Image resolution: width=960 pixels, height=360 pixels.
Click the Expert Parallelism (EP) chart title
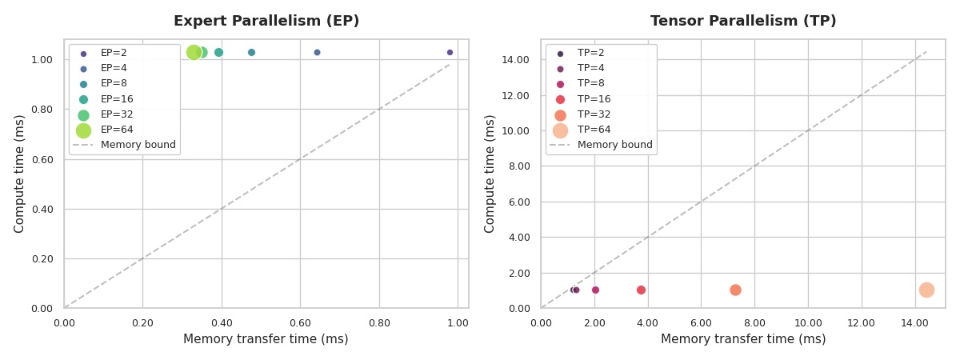[266, 22]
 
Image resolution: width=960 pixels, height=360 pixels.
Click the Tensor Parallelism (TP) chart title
[743, 22]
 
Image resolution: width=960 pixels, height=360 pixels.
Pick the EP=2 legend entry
[113, 53]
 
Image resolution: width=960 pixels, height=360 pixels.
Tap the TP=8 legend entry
[590, 84]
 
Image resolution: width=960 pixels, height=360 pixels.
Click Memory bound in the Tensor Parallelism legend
[614, 146]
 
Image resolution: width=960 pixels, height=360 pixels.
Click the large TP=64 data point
[926, 290]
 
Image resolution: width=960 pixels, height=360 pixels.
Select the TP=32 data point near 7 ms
[735, 290]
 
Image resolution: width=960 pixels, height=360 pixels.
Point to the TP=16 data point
[641, 290]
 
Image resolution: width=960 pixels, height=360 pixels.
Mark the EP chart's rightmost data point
[450, 52]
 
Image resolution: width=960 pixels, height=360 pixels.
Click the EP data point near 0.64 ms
[317, 52]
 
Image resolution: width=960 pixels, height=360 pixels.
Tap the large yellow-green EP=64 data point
[194, 52]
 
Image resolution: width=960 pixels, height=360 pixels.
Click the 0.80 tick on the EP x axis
[379, 323]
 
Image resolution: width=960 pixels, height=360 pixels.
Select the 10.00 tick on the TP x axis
[808, 323]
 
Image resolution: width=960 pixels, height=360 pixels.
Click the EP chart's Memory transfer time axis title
[266, 339]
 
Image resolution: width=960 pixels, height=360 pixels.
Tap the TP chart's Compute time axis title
[490, 174]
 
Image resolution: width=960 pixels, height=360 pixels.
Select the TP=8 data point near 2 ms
[595, 290]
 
